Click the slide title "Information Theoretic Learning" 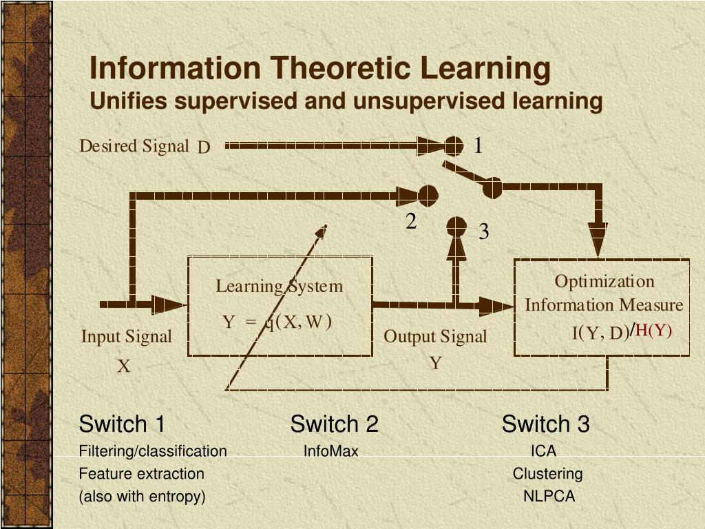coord(320,68)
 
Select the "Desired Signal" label coord(134,146)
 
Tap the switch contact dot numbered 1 coord(452,145)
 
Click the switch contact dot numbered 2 coord(428,196)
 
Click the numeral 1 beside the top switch coord(478,145)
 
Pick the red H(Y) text coord(653,331)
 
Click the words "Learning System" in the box coord(279,286)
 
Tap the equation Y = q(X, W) coord(277,322)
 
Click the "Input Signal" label coord(126,337)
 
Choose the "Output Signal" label coord(434,337)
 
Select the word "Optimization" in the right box coord(604,282)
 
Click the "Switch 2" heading coord(334,424)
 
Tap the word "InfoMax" coord(331,452)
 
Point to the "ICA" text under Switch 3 coord(543,452)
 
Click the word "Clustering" coord(547,474)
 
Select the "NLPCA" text coord(549,496)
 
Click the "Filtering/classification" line coord(153,452)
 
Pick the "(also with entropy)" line coord(142,496)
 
